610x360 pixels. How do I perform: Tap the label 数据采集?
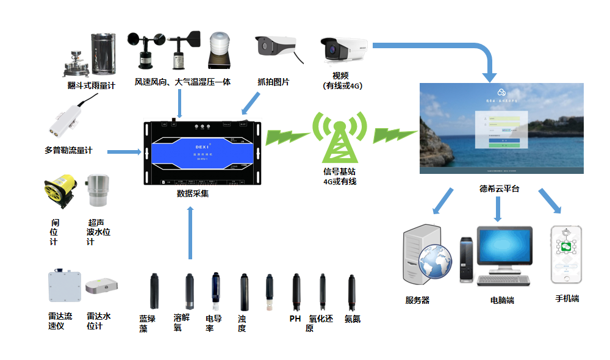click(193, 194)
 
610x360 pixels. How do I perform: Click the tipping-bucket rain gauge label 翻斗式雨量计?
click(91, 86)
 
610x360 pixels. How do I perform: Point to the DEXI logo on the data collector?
click(202, 147)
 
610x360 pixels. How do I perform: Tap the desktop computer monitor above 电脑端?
click(504, 250)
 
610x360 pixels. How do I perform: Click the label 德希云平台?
click(499, 189)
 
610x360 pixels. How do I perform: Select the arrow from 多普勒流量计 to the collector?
click(124, 151)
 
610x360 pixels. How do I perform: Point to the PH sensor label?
click(295, 319)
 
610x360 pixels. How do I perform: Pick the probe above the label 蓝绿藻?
click(155, 291)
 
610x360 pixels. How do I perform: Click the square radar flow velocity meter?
click(65, 286)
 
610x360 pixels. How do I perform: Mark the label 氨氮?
click(353, 319)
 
